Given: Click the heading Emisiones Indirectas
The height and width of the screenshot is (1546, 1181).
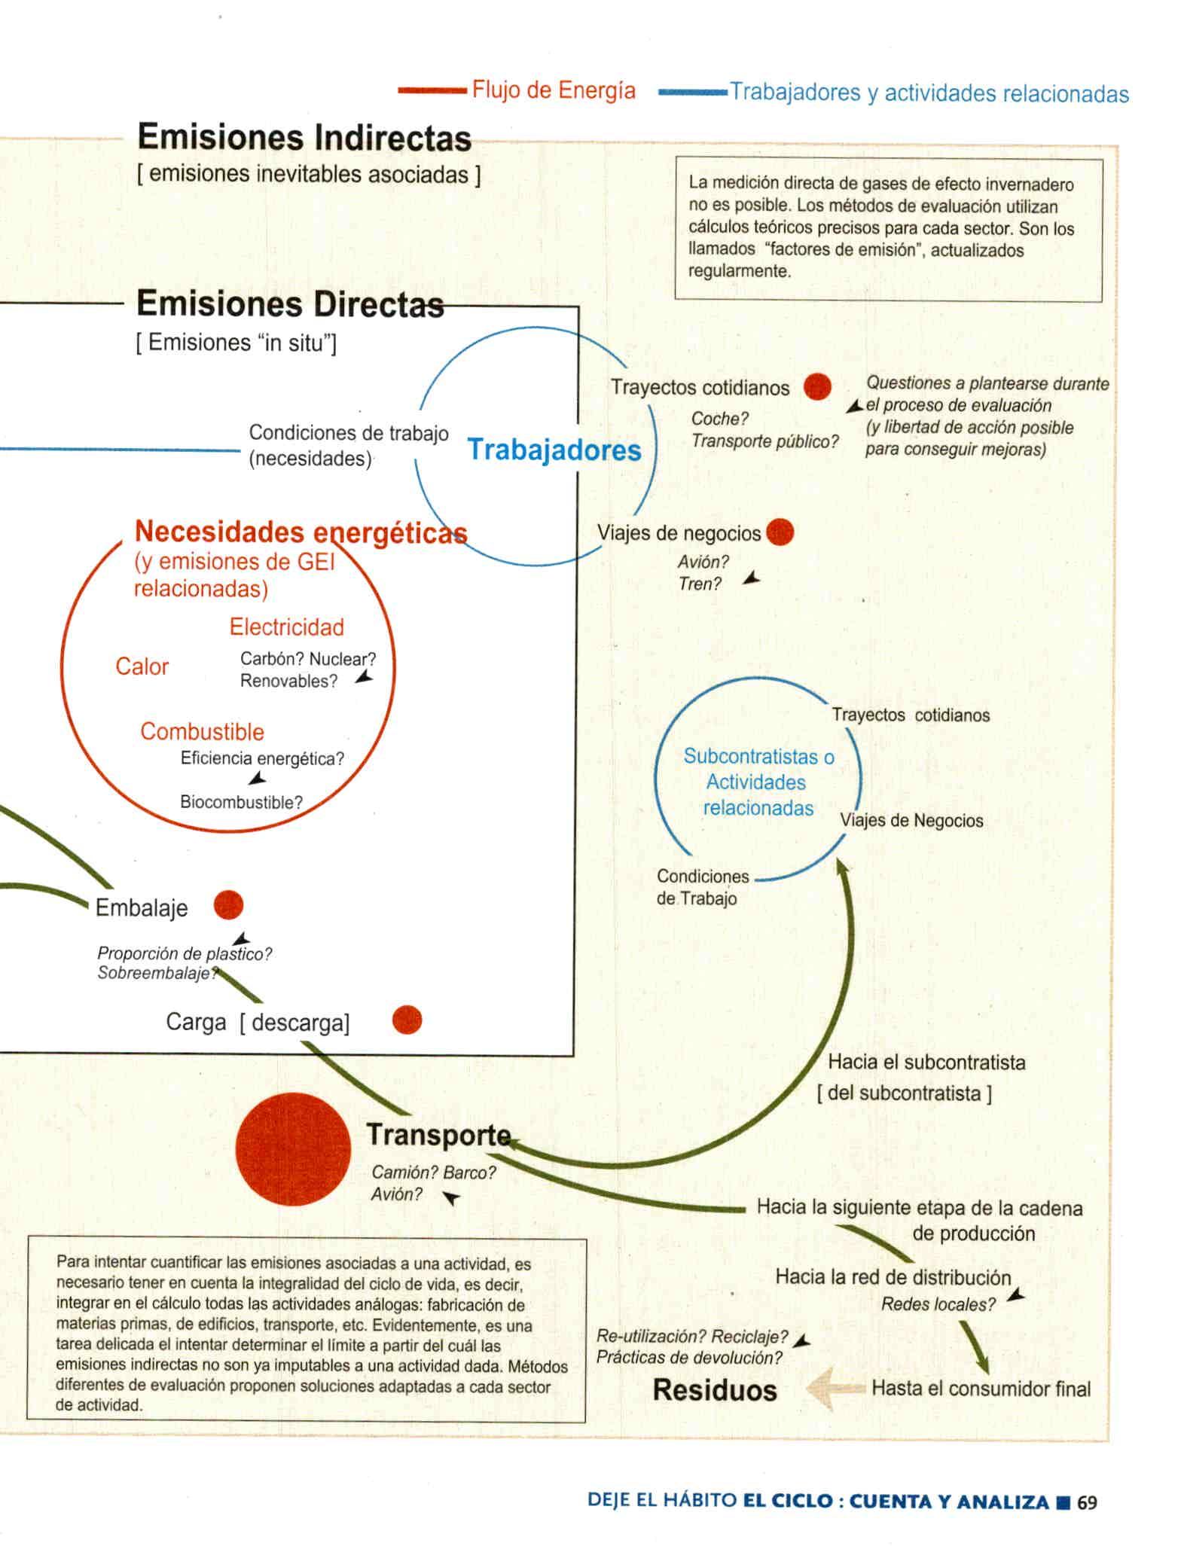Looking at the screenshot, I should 304,139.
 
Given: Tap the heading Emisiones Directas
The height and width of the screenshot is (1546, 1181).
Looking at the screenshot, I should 290,305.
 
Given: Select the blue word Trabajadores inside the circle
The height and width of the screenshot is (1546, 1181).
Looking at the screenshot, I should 554,450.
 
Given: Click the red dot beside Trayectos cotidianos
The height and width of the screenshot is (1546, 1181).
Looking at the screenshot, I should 817,387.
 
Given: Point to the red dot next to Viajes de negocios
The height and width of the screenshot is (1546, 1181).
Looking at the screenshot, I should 780,532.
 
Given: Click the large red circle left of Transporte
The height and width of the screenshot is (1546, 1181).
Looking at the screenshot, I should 293,1149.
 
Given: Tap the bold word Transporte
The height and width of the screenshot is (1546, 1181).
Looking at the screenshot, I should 438,1135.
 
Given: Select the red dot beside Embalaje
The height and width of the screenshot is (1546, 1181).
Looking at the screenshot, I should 228,905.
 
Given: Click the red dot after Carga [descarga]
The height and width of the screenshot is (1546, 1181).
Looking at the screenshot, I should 407,1020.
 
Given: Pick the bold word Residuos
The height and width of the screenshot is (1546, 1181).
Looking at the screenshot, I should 714,1389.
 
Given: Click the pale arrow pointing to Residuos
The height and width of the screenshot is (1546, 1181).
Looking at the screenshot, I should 834,1389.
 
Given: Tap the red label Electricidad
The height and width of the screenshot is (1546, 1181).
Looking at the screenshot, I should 287,627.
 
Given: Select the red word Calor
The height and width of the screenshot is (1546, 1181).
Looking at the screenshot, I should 142,666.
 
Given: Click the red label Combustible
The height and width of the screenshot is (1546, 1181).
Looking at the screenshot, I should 202,731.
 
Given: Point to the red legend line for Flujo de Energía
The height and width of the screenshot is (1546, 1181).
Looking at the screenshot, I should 432,90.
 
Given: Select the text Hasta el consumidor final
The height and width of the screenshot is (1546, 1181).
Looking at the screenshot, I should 981,1388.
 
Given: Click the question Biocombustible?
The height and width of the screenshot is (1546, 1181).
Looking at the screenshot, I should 241,802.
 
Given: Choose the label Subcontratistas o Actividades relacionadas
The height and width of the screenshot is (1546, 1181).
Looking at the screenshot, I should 758,782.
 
